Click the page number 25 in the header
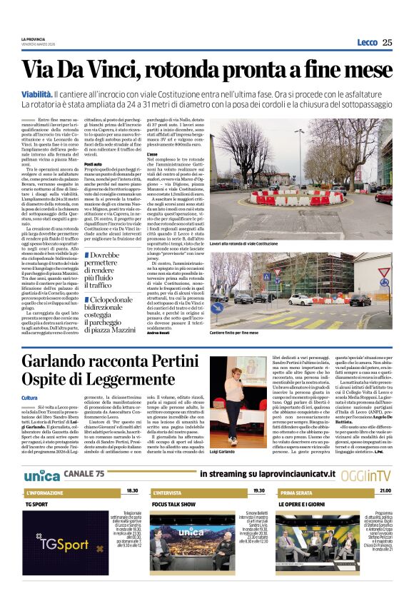387,43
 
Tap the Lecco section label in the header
367,43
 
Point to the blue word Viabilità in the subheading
36,94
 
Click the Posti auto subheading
94,164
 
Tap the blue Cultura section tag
29,398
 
